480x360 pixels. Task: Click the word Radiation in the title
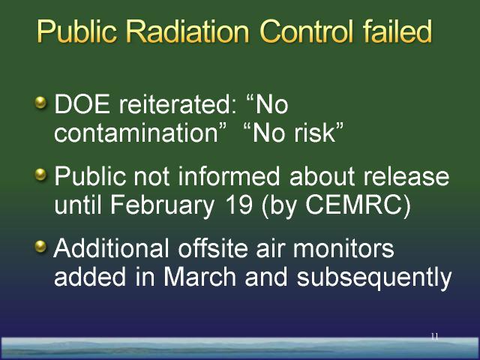(187, 31)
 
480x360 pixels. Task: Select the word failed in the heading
(397, 31)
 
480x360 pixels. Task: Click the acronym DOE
(82, 104)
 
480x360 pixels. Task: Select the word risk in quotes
(314, 133)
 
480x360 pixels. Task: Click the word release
(406, 176)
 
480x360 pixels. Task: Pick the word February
(162, 205)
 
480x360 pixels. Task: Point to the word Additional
(111, 248)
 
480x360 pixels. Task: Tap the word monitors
(343, 248)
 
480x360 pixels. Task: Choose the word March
(199, 277)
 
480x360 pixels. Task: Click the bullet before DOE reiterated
(40, 103)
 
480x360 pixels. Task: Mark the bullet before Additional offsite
(40, 246)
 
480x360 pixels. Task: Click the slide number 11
(434, 337)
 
